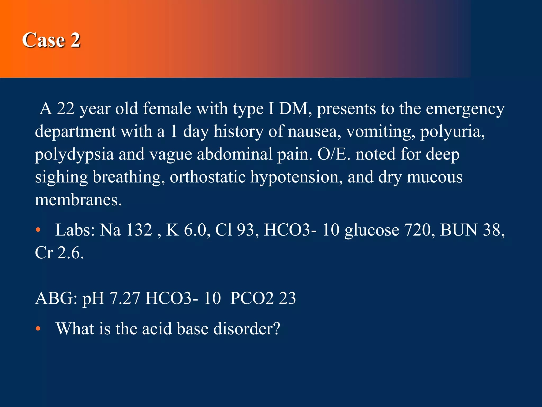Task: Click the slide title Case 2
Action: (x=51, y=40)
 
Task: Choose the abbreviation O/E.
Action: (x=334, y=154)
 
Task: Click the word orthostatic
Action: (x=208, y=177)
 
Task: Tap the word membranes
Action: (x=78, y=200)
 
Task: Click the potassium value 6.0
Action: (x=195, y=230)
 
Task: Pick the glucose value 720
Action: (x=419, y=230)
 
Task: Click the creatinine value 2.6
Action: (x=70, y=253)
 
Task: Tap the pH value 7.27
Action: (x=124, y=298)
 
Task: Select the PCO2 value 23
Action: (x=287, y=298)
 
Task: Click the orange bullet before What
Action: (x=38, y=329)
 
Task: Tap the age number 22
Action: (x=66, y=109)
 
